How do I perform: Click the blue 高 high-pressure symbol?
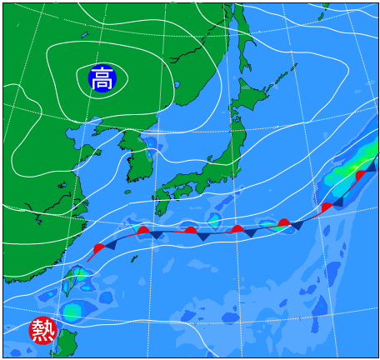tap(102, 79)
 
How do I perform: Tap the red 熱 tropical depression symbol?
tap(42, 331)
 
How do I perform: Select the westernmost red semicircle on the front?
tap(100, 248)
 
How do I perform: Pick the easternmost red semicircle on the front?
tap(360, 176)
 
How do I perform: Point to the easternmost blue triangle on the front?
tap(371, 167)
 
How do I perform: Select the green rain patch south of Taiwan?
tap(72, 311)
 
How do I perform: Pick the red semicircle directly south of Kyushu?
tap(144, 231)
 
